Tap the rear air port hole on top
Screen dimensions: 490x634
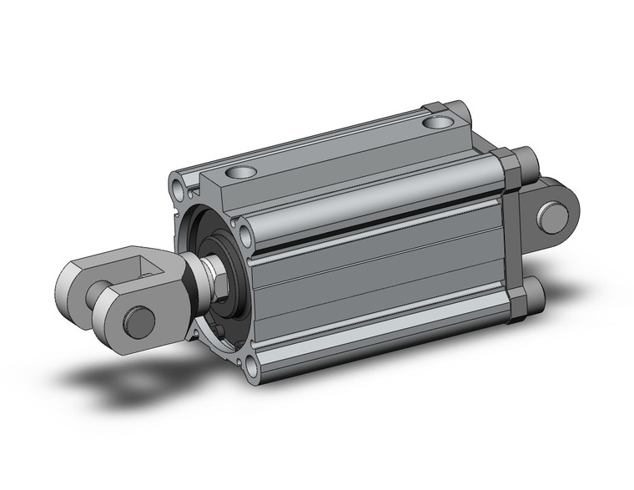click(437, 124)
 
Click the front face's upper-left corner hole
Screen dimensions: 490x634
click(179, 182)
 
